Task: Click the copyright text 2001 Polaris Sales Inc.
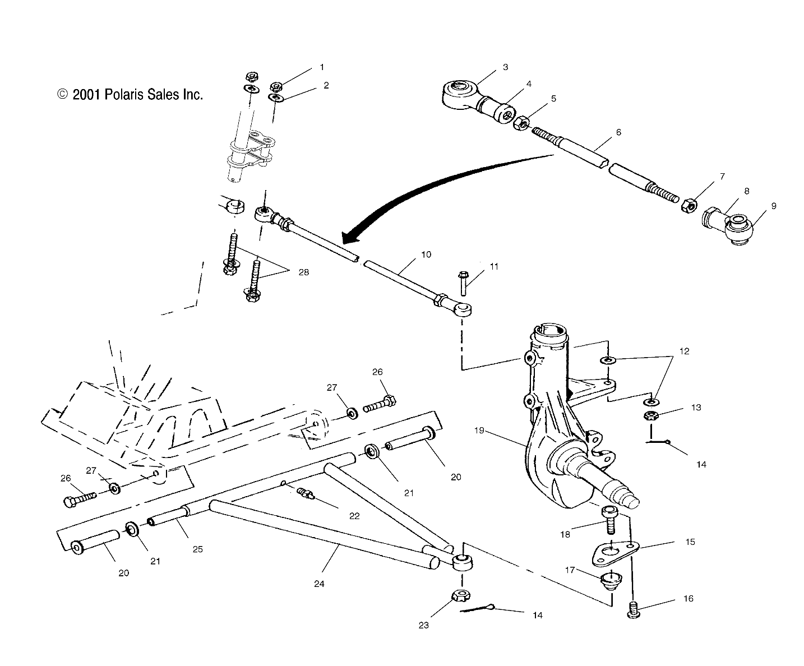point(130,94)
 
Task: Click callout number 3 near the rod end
point(505,67)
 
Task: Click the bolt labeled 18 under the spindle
point(609,519)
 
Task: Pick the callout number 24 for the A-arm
point(319,584)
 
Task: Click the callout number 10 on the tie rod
point(426,254)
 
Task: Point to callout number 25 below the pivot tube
point(197,549)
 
